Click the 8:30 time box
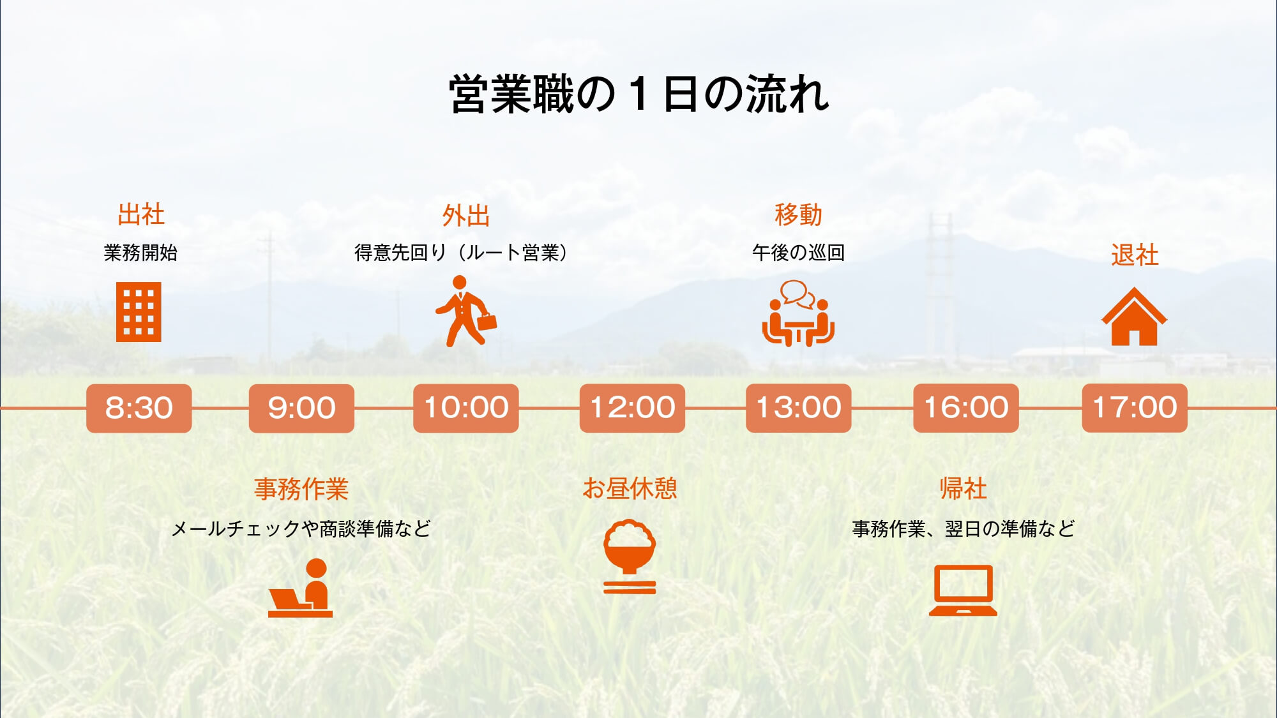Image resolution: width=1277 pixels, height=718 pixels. click(x=139, y=408)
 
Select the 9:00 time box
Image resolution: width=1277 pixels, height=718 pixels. click(x=301, y=408)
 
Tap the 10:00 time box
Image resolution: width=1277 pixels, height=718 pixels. click(x=466, y=408)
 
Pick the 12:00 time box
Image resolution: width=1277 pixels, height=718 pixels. click(x=632, y=408)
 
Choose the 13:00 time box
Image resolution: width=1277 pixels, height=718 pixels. click(x=798, y=408)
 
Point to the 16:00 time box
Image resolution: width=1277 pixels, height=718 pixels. click(x=966, y=408)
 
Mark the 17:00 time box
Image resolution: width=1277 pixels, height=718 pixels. click(x=1135, y=408)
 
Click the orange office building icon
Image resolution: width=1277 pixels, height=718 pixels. click(x=139, y=312)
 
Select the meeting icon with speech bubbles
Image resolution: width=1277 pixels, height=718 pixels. click(x=798, y=313)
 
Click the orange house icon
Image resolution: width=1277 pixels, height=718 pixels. click(x=1134, y=317)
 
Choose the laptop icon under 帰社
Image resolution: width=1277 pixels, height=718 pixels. click(x=963, y=590)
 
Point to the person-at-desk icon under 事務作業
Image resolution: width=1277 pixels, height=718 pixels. click(x=300, y=588)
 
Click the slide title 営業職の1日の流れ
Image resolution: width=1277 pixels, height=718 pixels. click(x=638, y=94)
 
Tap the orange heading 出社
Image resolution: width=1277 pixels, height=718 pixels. click(x=141, y=214)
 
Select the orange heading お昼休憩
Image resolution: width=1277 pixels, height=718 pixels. click(x=630, y=489)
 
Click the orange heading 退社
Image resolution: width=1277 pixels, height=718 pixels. click(x=1135, y=255)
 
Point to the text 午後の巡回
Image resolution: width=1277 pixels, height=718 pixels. click(x=798, y=253)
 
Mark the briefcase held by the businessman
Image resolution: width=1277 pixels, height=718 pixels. click(x=487, y=321)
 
